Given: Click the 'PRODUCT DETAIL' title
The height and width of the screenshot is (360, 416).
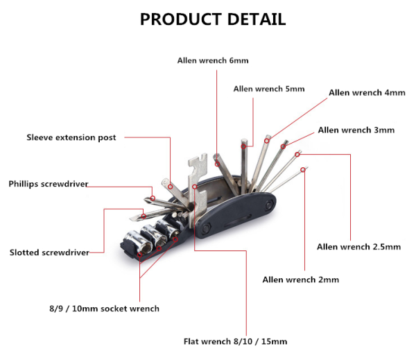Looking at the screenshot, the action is tap(213, 19).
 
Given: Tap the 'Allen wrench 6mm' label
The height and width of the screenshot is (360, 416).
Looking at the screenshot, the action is tap(213, 60).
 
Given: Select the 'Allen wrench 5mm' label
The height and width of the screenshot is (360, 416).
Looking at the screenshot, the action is tap(269, 89).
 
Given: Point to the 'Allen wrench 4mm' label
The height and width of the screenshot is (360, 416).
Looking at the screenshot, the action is tap(367, 93).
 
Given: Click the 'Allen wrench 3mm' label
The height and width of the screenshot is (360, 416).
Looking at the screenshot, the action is tap(356, 130).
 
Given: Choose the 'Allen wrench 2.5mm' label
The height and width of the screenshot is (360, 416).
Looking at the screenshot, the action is tap(358, 247).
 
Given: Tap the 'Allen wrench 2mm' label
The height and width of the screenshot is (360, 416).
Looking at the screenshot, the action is tap(301, 280).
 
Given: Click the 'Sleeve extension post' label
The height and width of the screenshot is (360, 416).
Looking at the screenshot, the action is tap(71, 137).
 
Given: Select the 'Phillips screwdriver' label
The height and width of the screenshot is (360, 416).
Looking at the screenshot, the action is tap(49, 184).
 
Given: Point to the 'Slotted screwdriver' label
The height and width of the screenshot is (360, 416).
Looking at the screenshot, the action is tap(49, 252).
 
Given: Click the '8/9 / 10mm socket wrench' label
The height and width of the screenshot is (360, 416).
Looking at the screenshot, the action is tap(104, 309).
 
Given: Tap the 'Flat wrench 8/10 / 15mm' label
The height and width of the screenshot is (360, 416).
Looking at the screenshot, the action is tap(235, 341).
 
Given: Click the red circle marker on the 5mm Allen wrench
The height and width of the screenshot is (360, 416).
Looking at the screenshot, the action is tap(243, 146).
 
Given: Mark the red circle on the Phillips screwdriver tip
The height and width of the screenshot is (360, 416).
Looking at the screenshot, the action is tap(153, 198).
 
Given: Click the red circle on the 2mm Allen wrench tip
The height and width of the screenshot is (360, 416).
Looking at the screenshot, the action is tap(303, 169).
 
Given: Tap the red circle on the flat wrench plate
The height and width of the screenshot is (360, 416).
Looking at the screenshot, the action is tap(195, 187).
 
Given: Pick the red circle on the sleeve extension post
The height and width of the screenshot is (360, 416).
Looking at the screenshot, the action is tap(171, 187).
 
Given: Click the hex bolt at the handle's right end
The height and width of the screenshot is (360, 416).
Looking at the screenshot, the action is tap(268, 204).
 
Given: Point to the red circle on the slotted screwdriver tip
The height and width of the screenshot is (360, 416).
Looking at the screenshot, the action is tap(144, 216).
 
